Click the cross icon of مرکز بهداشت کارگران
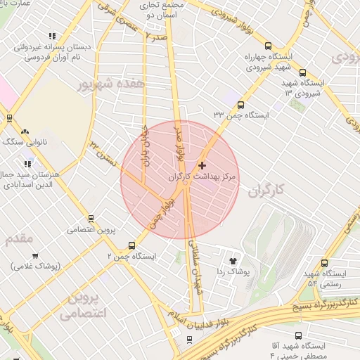coord(202,166)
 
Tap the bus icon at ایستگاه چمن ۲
coord(132,245)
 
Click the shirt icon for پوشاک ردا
coord(233,259)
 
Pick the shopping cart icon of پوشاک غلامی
coord(35,255)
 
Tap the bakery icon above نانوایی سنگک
coord(25,131)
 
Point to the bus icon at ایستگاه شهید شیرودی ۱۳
coord(302,72)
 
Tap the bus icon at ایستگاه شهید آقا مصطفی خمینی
coord(300,335)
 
